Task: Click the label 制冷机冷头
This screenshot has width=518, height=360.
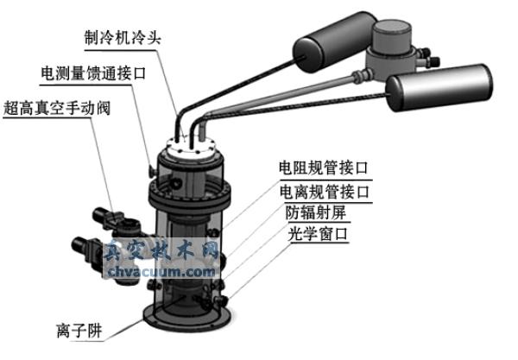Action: [x=123, y=37]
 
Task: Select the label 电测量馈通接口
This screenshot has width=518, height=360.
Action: [x=93, y=73]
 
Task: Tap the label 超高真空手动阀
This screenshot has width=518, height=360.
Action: [x=57, y=108]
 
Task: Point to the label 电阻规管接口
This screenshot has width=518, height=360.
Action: [x=324, y=167]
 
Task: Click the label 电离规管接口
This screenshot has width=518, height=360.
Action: [x=324, y=192]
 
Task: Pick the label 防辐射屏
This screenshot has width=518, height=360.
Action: [x=315, y=212]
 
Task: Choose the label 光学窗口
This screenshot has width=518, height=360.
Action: [x=318, y=234]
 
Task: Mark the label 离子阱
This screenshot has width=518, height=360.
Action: [x=79, y=331]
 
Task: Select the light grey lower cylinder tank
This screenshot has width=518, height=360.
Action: [x=439, y=87]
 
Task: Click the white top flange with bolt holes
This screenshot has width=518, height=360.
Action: [x=191, y=147]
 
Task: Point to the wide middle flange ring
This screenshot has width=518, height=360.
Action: [x=189, y=196]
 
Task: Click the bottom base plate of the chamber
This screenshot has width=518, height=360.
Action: [x=186, y=317]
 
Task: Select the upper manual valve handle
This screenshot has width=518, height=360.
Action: [x=117, y=220]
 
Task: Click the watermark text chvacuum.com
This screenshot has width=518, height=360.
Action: [x=161, y=272]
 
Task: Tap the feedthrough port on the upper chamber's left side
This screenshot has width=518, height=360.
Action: [x=153, y=170]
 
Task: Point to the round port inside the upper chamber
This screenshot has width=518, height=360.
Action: [x=177, y=182]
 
